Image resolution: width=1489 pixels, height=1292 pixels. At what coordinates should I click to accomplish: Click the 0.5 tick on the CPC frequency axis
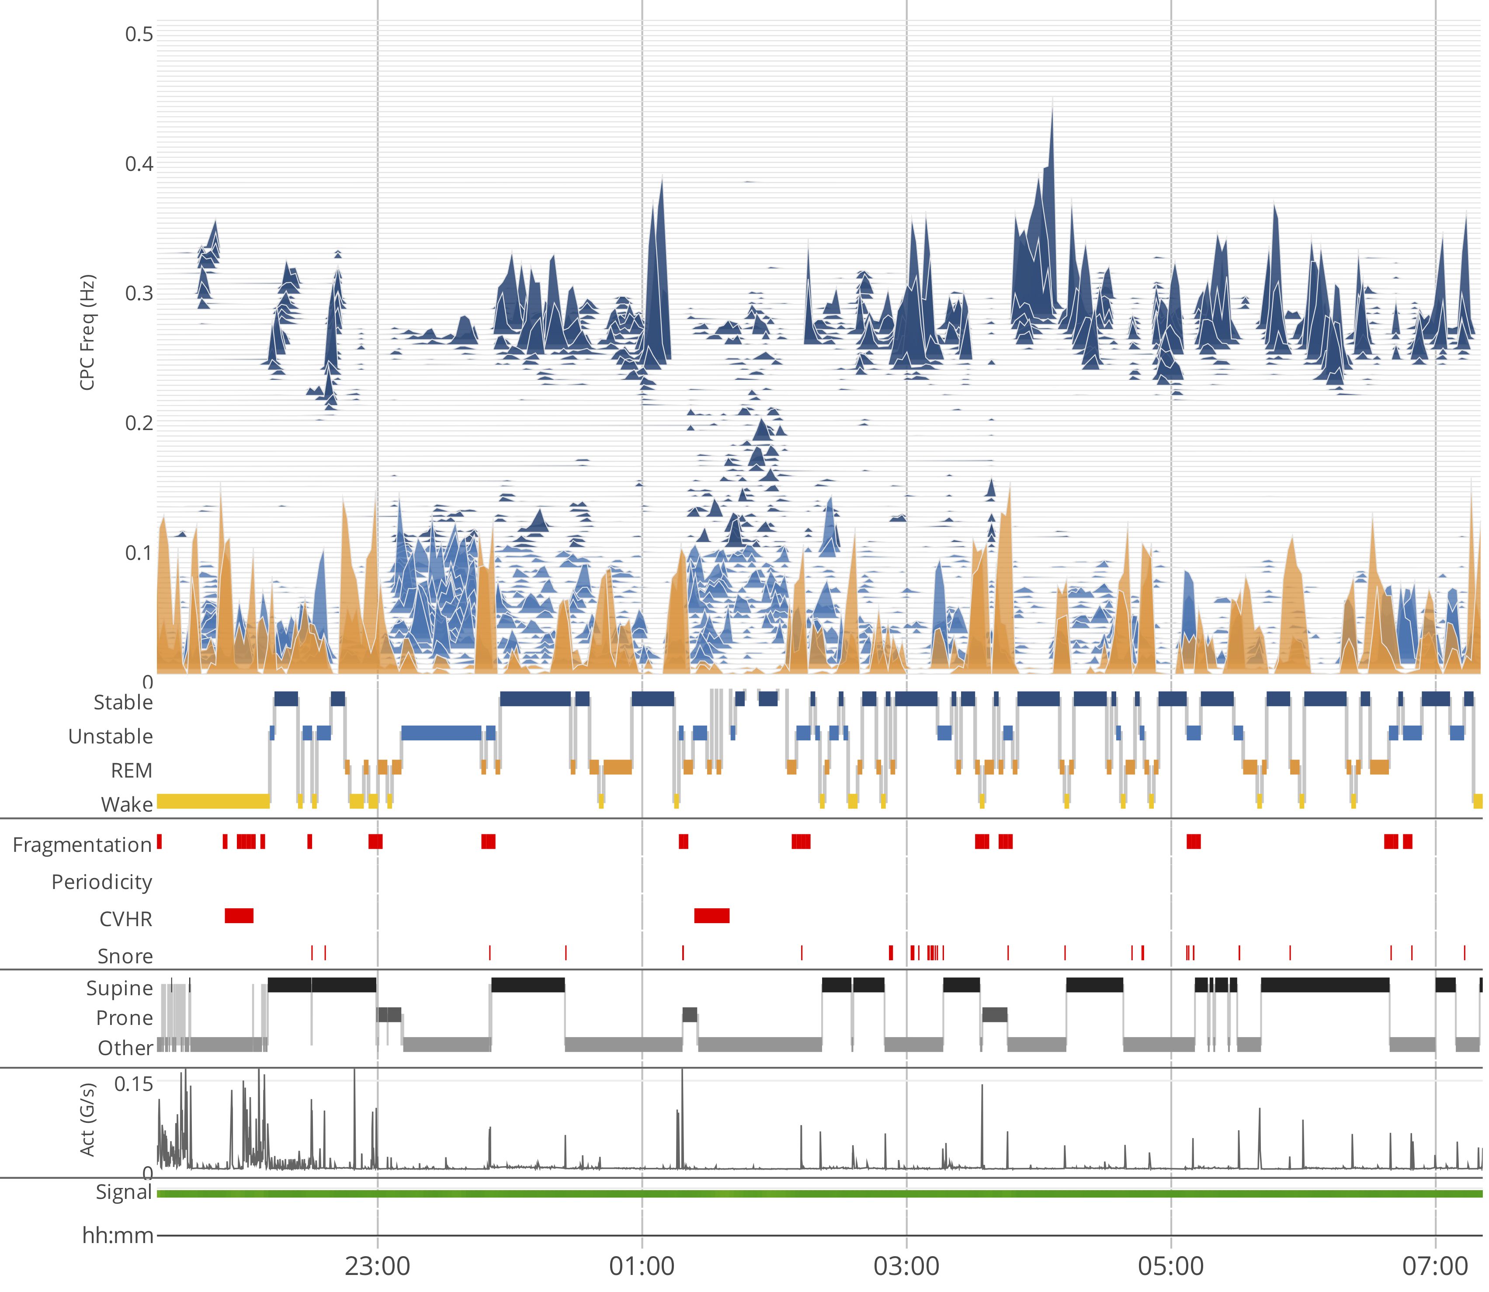pos(139,34)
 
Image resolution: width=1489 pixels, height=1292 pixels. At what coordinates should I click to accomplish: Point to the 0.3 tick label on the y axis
pos(139,293)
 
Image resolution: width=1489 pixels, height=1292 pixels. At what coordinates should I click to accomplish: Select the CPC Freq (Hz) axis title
pos(87,332)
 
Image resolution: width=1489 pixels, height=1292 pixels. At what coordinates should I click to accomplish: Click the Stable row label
pos(123,702)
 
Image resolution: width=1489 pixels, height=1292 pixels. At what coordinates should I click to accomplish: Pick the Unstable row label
pos(110,736)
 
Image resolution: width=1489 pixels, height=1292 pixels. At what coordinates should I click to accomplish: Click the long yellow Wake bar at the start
pos(213,801)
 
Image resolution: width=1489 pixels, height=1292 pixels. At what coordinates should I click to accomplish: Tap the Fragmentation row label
pos(82,844)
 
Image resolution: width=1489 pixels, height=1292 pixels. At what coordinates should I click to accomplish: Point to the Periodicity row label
pos(102,882)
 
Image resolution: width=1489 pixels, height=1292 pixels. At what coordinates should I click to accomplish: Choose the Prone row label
pos(125,1018)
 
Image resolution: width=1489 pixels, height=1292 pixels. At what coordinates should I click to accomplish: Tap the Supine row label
pos(120,988)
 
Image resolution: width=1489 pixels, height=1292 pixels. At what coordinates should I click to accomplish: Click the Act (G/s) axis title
pos(87,1120)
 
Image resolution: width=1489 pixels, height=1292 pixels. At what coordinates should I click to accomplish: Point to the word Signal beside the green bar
pos(124,1192)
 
